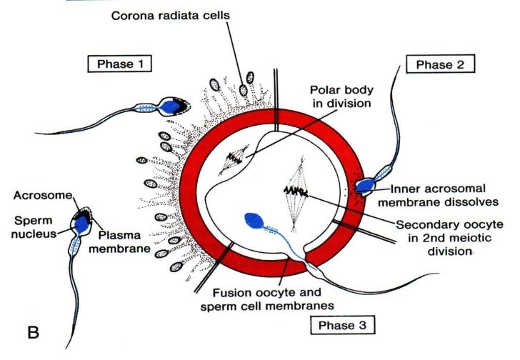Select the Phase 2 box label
[440, 64]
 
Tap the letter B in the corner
[33, 333]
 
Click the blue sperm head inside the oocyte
[254, 222]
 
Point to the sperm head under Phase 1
[171, 106]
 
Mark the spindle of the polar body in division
[234, 161]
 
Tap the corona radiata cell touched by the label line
[245, 91]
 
